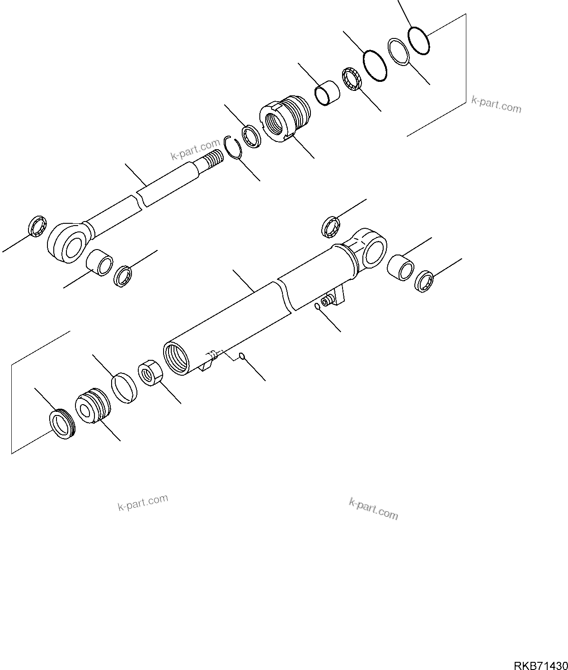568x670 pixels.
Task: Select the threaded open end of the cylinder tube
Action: click(x=176, y=357)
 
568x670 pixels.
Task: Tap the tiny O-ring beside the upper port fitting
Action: click(x=318, y=307)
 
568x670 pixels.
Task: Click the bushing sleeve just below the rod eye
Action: click(x=99, y=262)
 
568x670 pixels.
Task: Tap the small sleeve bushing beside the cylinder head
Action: click(x=327, y=93)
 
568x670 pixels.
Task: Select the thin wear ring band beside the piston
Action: click(x=124, y=387)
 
